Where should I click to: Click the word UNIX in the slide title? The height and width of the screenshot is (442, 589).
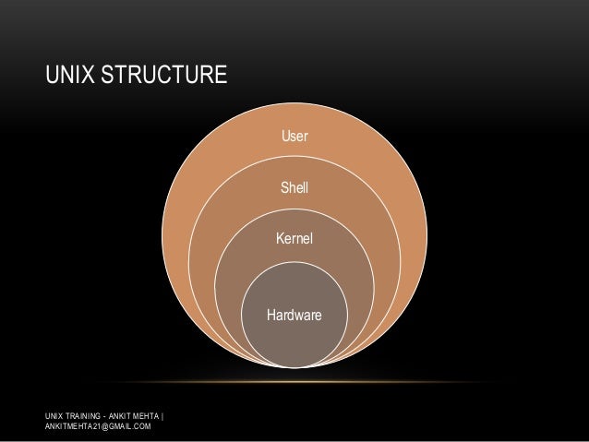[68, 73]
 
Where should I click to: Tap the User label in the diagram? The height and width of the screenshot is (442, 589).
[294, 137]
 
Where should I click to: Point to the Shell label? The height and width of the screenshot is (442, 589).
[294, 189]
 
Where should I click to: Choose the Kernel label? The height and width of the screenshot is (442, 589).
[294, 238]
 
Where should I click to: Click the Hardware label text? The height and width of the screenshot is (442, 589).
[294, 316]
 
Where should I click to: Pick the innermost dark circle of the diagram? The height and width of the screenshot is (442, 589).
[294, 337]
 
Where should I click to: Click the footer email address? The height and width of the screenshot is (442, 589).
[96, 426]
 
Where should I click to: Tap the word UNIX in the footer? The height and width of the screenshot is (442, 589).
[54, 414]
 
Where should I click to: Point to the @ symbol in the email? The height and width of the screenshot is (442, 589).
[104, 426]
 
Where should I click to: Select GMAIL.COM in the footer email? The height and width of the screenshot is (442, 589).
[130, 426]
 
